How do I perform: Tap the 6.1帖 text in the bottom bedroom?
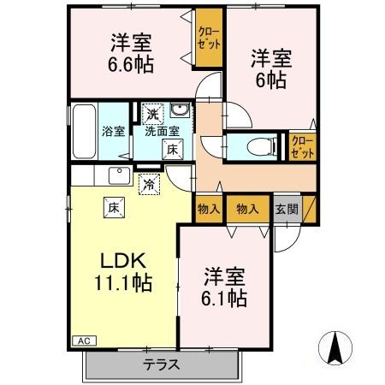[226, 299]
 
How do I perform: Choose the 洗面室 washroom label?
[161, 131]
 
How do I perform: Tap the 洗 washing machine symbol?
[151, 113]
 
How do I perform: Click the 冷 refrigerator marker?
[149, 183]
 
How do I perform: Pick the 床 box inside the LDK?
[112, 205]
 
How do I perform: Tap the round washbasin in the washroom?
[179, 112]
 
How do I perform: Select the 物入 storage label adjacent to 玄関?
[247, 209]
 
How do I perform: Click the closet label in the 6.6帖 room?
[206, 38]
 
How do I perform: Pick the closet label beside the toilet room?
[301, 145]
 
